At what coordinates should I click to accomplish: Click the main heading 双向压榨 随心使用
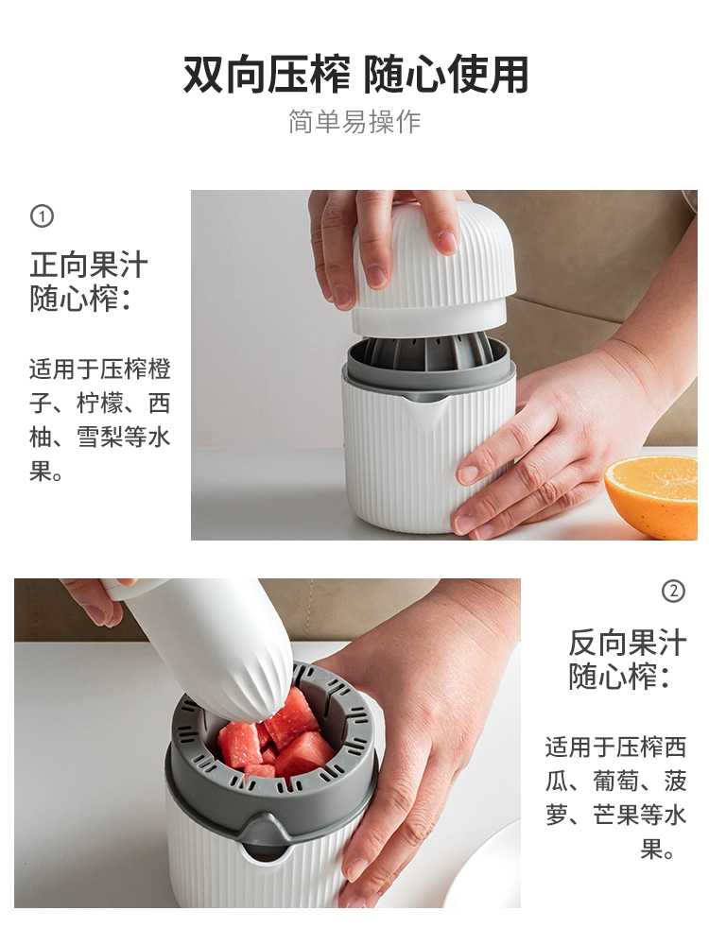click(x=355, y=74)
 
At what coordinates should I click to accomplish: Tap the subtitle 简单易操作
click(x=354, y=122)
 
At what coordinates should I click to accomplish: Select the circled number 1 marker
click(x=42, y=215)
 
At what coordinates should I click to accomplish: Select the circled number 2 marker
click(x=673, y=591)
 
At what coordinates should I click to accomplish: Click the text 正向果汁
click(x=89, y=266)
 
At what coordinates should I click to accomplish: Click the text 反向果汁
click(x=628, y=643)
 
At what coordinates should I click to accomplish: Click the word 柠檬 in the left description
click(x=100, y=404)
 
